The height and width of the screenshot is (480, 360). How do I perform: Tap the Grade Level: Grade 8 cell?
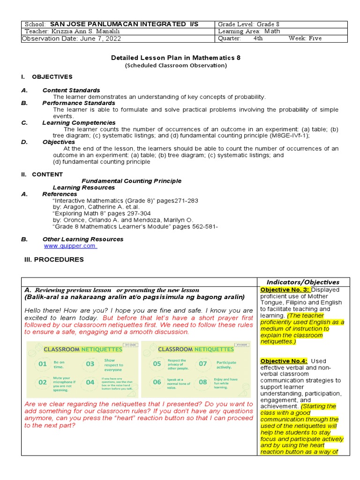click(248, 24)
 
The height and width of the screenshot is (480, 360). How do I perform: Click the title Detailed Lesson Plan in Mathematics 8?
click(176, 58)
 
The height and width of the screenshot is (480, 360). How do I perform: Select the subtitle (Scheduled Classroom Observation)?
click(176, 66)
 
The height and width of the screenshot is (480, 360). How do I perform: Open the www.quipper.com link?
click(70, 246)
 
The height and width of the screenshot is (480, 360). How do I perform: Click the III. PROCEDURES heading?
click(54, 259)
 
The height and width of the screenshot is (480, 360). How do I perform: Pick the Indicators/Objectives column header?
click(303, 282)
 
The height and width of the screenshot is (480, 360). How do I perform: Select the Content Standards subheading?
click(71, 90)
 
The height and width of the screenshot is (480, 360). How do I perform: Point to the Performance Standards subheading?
click(79, 103)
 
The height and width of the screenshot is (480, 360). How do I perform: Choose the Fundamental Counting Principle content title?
click(131, 181)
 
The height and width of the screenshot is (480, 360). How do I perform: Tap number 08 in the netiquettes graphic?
click(203, 382)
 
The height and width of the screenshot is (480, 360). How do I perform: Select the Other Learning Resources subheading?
click(82, 239)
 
